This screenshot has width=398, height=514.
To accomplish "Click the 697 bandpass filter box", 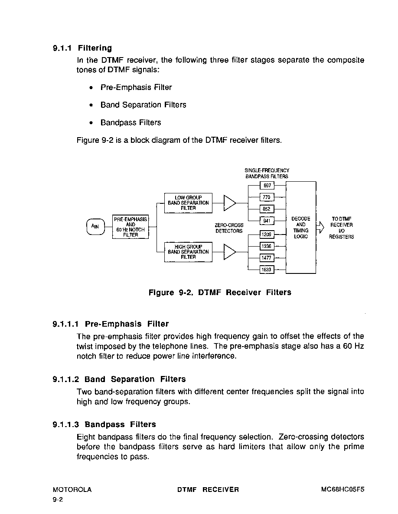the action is (x=267, y=186).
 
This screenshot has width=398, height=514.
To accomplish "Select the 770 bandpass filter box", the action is (x=267, y=197).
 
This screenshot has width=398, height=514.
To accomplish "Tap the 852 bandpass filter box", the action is (x=267, y=209).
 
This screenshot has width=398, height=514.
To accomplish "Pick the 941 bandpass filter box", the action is (x=267, y=221).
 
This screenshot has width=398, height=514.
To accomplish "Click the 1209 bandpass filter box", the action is (x=267, y=235).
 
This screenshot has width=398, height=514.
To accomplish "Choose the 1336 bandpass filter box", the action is (x=267, y=246).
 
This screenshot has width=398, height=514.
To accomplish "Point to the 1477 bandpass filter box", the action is (x=267, y=258).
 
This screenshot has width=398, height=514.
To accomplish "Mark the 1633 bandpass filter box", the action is (x=267, y=270).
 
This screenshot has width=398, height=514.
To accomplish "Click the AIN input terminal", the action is (x=95, y=226).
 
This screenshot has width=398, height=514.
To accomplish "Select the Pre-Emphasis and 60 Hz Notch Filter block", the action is (x=130, y=227).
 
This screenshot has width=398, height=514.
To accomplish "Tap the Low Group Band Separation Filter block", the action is (x=188, y=203).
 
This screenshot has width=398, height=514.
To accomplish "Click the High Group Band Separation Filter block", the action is (x=188, y=252).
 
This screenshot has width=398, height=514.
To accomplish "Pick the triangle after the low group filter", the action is (x=229, y=203).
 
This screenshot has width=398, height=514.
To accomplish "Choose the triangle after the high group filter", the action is (x=229, y=252).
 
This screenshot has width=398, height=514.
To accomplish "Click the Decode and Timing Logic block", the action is (x=301, y=228).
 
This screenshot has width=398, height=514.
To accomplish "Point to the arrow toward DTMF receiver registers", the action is (x=320, y=227).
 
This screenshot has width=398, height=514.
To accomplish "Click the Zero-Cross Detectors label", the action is (x=229, y=228).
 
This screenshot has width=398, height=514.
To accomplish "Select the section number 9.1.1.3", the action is (x=65, y=424).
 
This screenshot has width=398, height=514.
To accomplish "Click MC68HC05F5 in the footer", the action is (x=343, y=490).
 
